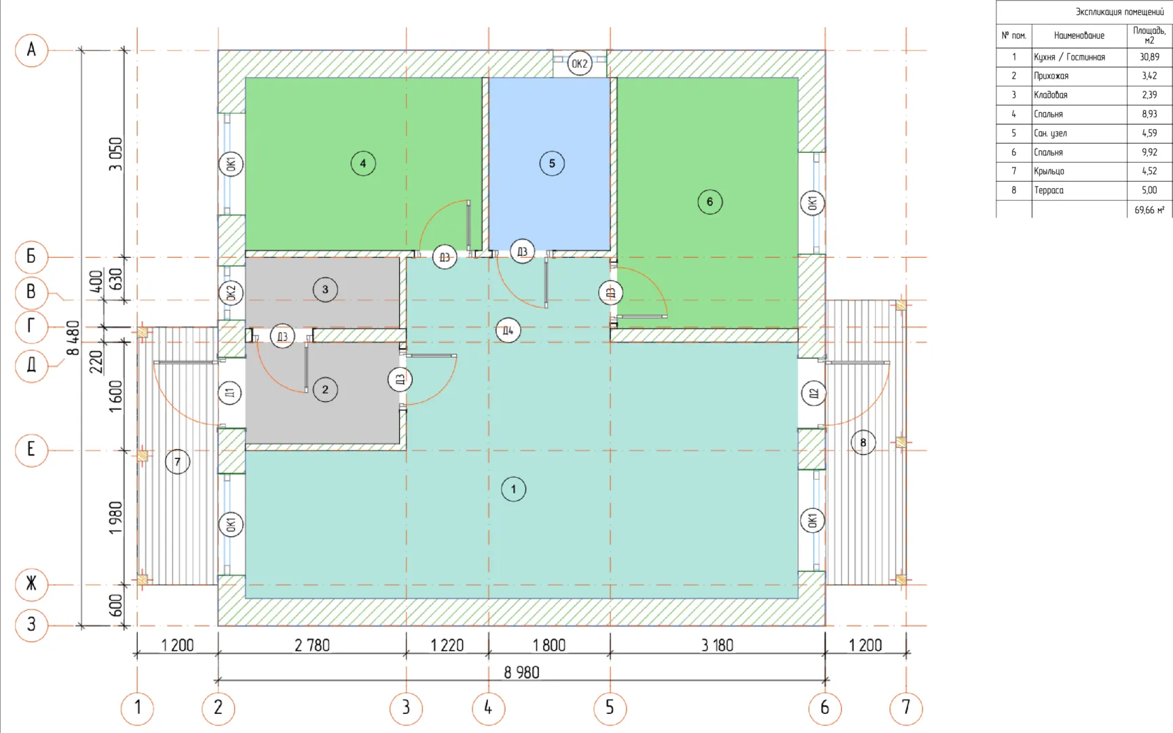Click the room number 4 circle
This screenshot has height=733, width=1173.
point(363,164)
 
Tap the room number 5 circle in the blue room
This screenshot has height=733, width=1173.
point(552,164)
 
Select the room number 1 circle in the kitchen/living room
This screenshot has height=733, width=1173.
point(513,489)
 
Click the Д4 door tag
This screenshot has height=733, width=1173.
point(508,331)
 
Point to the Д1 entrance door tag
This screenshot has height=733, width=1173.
point(230,393)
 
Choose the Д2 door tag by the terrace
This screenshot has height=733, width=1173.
point(813,394)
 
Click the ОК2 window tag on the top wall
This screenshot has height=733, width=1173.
point(579,64)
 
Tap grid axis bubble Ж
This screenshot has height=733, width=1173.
point(31,584)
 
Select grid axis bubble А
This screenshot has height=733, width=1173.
point(31,50)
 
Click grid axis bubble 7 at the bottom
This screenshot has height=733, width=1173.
point(906,708)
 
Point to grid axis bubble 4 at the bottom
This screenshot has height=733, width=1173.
point(488,708)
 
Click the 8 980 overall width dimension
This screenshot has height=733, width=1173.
point(521,673)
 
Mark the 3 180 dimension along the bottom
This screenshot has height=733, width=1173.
point(718,645)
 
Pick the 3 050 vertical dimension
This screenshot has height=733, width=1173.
point(116,154)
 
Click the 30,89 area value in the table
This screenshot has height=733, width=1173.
point(1150,57)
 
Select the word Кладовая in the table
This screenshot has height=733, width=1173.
point(1051,95)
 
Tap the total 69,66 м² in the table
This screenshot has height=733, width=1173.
point(1149,210)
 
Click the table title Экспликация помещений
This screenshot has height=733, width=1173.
point(1120,12)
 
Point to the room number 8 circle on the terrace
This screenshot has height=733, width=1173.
point(863,443)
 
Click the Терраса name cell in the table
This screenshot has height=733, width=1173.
point(1049,191)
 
